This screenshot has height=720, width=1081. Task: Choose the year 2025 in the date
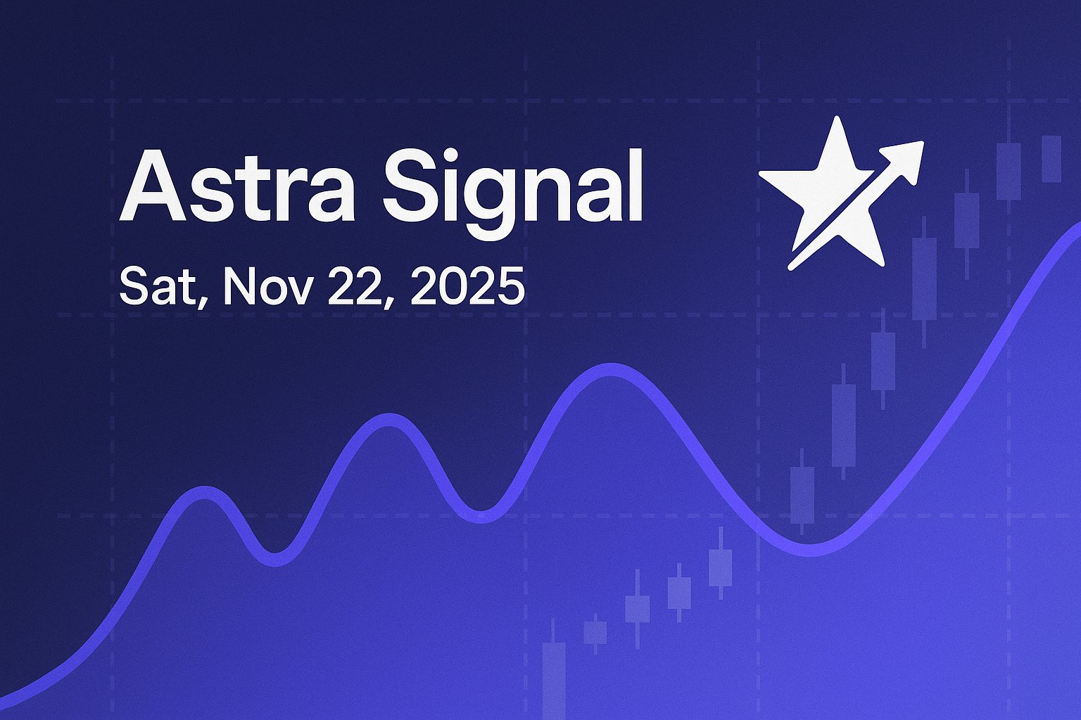tap(467, 285)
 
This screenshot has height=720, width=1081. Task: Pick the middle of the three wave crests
tap(386, 420)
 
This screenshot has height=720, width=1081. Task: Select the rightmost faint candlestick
tap(1051, 158)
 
